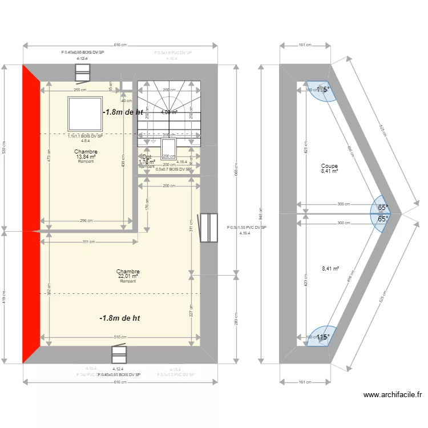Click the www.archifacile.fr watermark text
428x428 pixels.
[x=392, y=394]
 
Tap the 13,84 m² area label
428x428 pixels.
[x=86, y=157]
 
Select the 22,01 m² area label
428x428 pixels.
[x=128, y=277]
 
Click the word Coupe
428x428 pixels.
[x=329, y=166]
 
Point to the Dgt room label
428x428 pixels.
[x=147, y=157]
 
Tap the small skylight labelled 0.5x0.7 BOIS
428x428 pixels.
[x=168, y=149]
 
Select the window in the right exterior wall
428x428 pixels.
[x=208, y=228]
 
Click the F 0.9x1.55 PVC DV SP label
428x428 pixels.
[x=247, y=228]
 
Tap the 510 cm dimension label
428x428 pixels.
[x=120, y=337]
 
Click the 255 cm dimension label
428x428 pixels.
[x=80, y=90]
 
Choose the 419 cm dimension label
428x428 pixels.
[x=5, y=297]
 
